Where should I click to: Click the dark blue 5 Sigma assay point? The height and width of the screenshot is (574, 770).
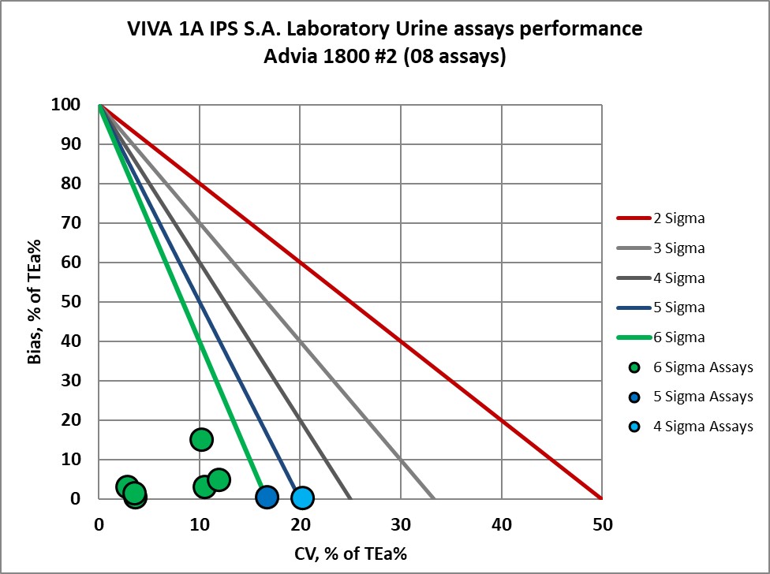coord(267,497)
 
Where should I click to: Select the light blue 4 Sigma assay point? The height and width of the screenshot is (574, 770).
coord(302,498)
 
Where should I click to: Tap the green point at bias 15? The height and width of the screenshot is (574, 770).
coord(202,439)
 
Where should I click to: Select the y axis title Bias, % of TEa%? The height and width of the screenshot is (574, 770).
coord(35,302)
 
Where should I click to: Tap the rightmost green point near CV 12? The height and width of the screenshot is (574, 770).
coord(219,479)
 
